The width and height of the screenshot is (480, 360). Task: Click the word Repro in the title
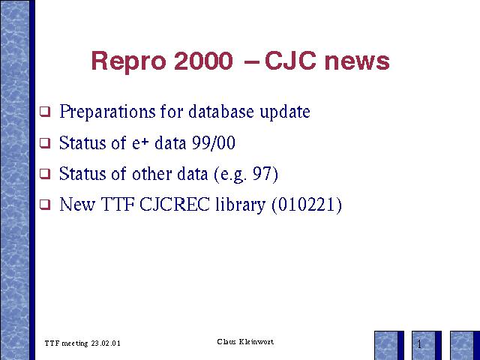128,61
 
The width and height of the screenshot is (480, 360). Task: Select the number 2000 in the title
203,61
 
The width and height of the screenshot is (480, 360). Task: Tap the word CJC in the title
290,61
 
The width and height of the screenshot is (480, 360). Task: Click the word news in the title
357,62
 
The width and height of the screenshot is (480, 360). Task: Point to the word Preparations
107,112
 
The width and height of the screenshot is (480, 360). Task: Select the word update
285,112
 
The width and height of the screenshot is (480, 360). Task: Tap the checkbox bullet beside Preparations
45,112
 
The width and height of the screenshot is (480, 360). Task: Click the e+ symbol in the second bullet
140,143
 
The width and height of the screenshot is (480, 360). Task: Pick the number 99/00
214,142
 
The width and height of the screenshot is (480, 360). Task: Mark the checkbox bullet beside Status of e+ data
45,142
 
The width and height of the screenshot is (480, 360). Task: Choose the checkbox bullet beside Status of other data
45,173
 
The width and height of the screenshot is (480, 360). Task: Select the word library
240,205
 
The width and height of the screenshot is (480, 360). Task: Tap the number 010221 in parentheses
307,205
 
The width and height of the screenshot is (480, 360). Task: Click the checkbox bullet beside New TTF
45,205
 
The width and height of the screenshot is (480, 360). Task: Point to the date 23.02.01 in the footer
106,343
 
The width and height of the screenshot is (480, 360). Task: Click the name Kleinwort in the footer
256,342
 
